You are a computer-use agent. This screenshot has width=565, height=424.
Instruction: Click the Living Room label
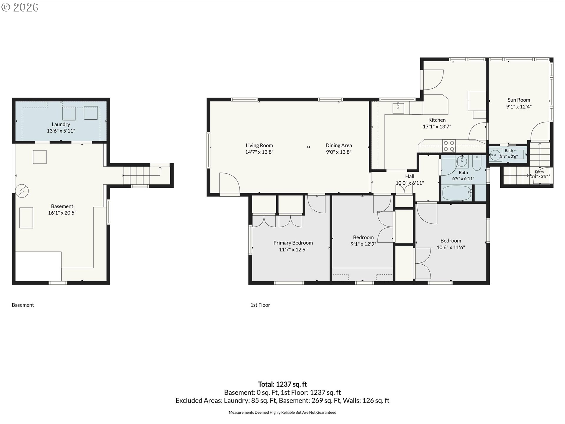pos(259,145)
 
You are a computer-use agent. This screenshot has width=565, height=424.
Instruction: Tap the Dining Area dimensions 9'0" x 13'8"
pos(339,152)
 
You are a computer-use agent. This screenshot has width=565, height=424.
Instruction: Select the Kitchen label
pos(437,120)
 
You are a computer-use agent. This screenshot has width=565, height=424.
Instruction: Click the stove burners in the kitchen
pos(449,146)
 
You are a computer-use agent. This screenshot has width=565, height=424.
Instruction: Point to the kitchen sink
pos(398,108)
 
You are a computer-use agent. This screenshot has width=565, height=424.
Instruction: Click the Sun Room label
pos(519,100)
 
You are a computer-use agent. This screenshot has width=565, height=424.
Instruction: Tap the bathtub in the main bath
pos(457,193)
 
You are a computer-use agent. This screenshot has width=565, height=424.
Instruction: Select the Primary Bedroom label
pos(293,243)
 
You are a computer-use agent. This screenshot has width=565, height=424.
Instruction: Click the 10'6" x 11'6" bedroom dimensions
pos(451,247)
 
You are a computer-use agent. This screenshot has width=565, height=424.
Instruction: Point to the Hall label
pos(410,176)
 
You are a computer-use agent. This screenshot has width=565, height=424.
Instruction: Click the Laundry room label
pos(61,124)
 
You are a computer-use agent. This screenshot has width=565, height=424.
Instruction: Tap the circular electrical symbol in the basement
pos(22,191)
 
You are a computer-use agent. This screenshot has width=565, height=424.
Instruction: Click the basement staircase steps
pos(137,175)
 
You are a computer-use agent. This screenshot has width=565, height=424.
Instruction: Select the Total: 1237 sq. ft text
pos(282,384)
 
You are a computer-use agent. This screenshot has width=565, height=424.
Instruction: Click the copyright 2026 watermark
pos(20,7)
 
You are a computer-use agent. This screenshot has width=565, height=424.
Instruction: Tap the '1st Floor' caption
pos(260,305)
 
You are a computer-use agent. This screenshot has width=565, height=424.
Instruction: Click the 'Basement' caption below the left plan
pos(23,305)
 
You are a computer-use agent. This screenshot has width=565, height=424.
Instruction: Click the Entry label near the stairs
pos(539,172)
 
